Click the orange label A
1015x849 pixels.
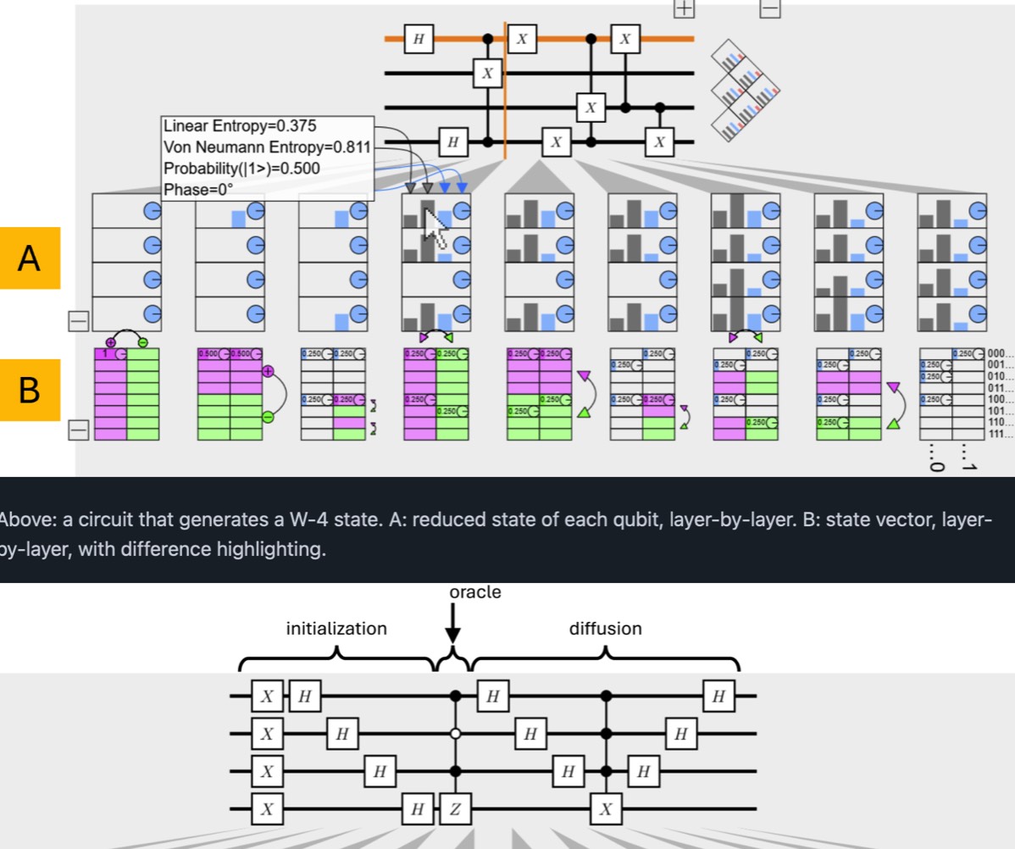pos(30,258)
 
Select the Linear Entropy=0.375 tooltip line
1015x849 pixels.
pos(240,126)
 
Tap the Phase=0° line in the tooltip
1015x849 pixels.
pos(197,189)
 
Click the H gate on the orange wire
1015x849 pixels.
pos(419,39)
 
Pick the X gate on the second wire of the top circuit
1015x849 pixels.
pos(487,74)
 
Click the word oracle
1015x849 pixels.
pos(475,592)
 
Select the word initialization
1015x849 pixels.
pos(336,629)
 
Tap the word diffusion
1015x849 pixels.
pos(605,629)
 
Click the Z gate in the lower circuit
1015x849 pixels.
pos(455,809)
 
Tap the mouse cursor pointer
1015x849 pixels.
pos(435,227)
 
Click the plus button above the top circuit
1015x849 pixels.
pos(683,8)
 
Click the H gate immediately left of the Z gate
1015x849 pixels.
pos(417,809)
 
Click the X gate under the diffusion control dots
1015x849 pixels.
pos(605,809)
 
